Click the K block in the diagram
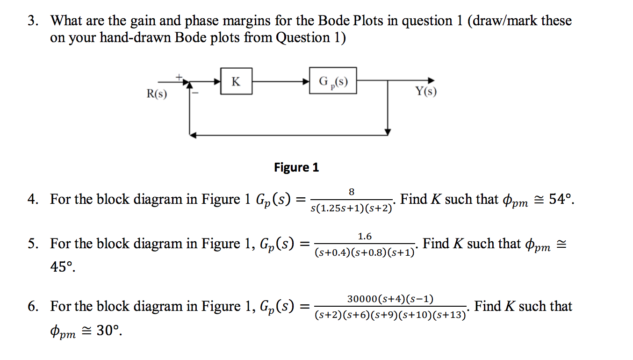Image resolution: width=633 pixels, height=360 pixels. [x=237, y=81]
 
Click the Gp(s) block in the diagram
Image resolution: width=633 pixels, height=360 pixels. [x=333, y=81]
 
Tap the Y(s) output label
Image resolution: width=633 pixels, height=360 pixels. [x=426, y=91]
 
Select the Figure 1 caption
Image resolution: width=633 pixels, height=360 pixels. [x=296, y=167]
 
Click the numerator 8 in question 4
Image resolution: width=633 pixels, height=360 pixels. [x=352, y=192]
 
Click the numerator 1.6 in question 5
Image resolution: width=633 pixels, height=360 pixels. [x=365, y=237]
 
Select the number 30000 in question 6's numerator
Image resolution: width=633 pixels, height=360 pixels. [x=362, y=299]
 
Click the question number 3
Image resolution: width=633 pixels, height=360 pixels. [x=31, y=21]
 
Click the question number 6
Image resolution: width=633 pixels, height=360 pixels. [x=31, y=307]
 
